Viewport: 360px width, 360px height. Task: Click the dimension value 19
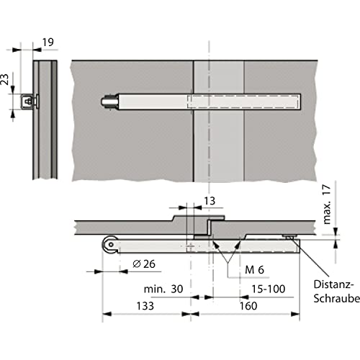click(48, 42)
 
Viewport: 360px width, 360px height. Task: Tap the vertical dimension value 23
click(4, 79)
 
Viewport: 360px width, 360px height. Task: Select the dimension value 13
click(210, 201)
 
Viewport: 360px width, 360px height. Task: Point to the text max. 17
click(327, 204)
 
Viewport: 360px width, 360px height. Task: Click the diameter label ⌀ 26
click(144, 264)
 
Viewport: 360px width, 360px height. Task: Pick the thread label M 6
click(254, 270)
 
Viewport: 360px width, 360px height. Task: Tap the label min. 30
click(163, 289)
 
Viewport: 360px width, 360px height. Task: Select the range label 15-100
click(269, 289)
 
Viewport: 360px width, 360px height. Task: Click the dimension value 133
click(145, 306)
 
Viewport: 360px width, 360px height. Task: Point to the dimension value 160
click(248, 306)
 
